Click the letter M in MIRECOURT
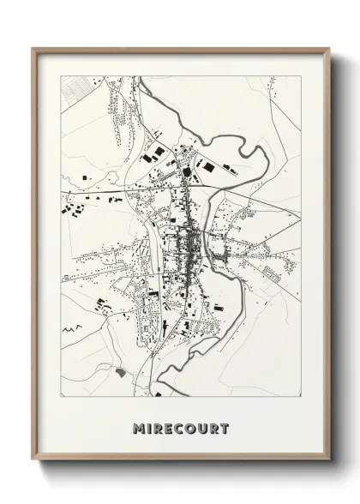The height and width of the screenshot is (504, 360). pyautogui.click(x=139, y=429)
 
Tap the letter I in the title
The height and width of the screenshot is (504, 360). pyautogui.click(x=151, y=429)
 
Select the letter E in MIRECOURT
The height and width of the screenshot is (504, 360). pyautogui.click(x=171, y=429)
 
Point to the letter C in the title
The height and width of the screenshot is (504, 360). pyautogui.click(x=182, y=429)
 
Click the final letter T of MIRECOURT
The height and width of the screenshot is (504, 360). pyautogui.click(x=225, y=429)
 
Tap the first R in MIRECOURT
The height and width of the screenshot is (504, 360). pyautogui.click(x=160, y=429)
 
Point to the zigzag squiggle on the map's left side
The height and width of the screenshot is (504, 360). pyautogui.click(x=73, y=327)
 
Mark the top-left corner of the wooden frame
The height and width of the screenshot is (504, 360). pyautogui.click(x=33, y=48)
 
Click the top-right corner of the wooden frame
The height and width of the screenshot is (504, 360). pyautogui.click(x=330, y=48)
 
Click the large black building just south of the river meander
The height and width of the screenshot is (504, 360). pyautogui.click(x=231, y=170)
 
